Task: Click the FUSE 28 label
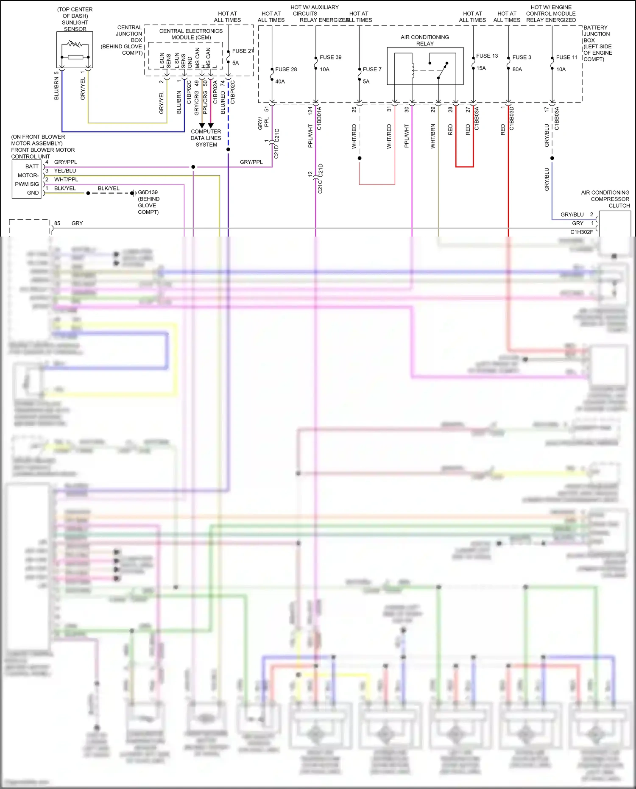pyautogui.click(x=286, y=69)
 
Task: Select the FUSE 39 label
pyautogui.click(x=330, y=57)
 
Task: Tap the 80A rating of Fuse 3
pyautogui.click(x=517, y=69)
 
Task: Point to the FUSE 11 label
pyautogui.click(x=567, y=57)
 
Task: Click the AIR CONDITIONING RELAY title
pyautogui.click(x=424, y=40)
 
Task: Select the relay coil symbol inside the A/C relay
pyautogui.click(x=413, y=70)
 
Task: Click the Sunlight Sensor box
pyautogui.click(x=75, y=50)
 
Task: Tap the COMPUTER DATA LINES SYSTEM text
pyautogui.click(x=206, y=138)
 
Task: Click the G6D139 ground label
pyautogui.click(x=148, y=192)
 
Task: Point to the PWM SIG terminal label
pyautogui.click(x=27, y=184)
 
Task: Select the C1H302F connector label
pyautogui.click(x=581, y=232)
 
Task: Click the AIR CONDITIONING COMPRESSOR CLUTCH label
pyautogui.click(x=605, y=199)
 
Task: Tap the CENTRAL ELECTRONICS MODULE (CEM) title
pyautogui.click(x=191, y=34)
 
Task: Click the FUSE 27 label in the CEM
pyautogui.click(x=243, y=51)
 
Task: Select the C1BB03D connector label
pyautogui.click(x=512, y=118)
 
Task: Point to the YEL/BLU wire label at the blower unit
pyautogui.click(x=65, y=170)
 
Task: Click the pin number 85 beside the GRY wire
pyautogui.click(x=57, y=223)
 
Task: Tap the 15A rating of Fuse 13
pyautogui.click(x=481, y=68)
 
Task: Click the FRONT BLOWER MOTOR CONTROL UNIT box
pyautogui.click(x=27, y=179)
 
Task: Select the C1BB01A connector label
pyautogui.click(x=319, y=118)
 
